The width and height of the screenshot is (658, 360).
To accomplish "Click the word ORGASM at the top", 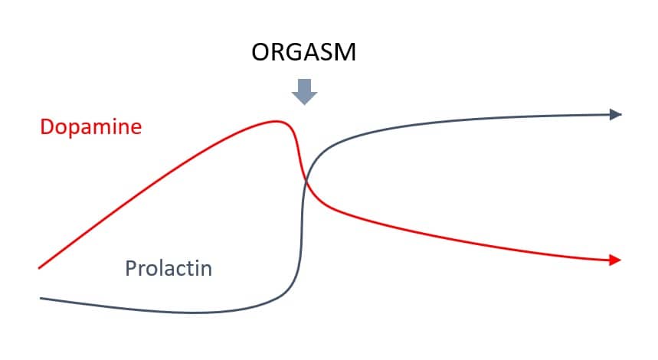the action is pyautogui.click(x=304, y=52).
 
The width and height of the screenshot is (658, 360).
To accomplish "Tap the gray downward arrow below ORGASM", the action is pyautogui.click(x=304, y=91).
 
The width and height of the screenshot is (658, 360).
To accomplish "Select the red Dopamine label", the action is pyautogui.click(x=91, y=126).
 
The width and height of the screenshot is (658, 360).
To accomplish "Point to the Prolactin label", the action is pyautogui.click(x=169, y=268).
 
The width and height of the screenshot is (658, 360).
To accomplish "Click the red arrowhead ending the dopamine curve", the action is pyautogui.click(x=615, y=260).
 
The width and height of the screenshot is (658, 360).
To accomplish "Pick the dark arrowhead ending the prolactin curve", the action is pyautogui.click(x=616, y=114).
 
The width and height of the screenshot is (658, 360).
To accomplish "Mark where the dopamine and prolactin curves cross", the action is pyautogui.click(x=306, y=182).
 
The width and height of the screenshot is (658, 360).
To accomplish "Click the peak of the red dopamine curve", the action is pyautogui.click(x=276, y=122).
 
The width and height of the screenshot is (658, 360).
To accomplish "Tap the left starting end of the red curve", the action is pyautogui.click(x=39, y=267).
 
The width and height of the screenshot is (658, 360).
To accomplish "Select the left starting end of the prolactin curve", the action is pyautogui.click(x=41, y=298).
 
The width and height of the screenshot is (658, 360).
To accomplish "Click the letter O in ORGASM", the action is pyautogui.click(x=260, y=52).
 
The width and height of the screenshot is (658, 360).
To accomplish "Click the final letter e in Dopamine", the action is pyautogui.click(x=136, y=129).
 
